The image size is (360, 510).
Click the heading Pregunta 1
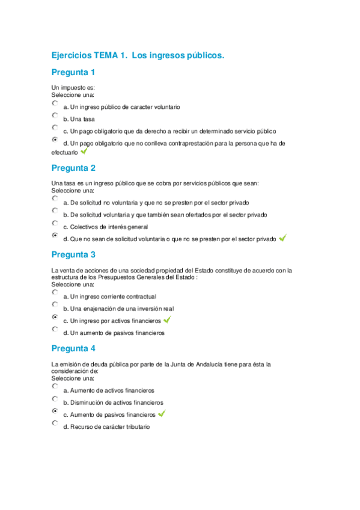pos(73,73)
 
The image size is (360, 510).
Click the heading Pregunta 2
pos(73,168)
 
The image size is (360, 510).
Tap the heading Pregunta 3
pos(73,254)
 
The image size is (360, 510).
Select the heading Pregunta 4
pos(73,348)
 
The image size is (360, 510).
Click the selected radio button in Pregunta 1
pos(55,140)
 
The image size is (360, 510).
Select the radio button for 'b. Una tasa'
pos(55,115)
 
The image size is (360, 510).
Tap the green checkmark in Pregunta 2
pos(282,238)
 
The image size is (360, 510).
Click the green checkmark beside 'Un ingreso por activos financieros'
pos(168,319)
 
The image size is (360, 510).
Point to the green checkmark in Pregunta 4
pos(161,414)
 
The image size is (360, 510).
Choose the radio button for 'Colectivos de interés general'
pos(55,223)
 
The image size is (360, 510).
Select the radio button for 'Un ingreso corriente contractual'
pos(55,292)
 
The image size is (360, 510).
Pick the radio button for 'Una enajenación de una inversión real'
pos(55,305)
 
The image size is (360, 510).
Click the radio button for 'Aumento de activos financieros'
pos(55,387)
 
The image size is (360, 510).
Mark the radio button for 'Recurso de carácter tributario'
pos(55,423)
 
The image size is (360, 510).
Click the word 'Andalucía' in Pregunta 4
pos(222,364)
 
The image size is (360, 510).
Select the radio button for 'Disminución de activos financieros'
pos(55,399)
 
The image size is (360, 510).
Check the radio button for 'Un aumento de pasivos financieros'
pos(55,330)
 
